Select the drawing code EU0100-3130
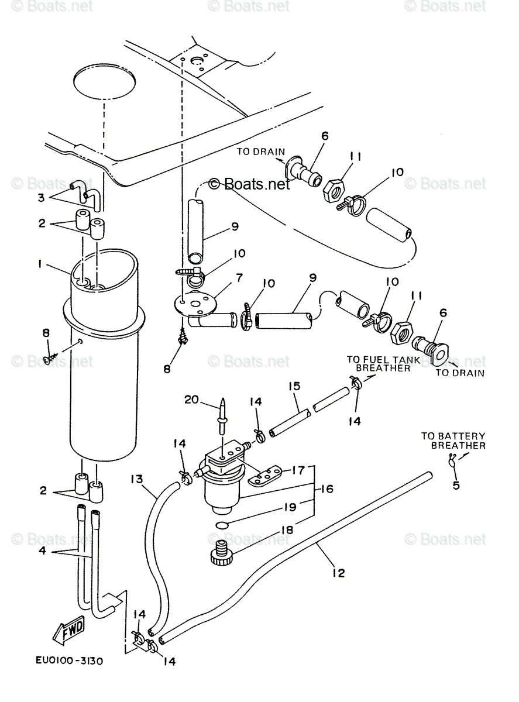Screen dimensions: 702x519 point(68,661)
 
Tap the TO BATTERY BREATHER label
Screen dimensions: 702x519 point(453,441)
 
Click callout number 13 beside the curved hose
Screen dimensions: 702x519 point(137,479)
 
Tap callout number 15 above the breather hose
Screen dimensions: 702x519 point(294,386)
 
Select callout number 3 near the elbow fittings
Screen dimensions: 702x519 point(41,197)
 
